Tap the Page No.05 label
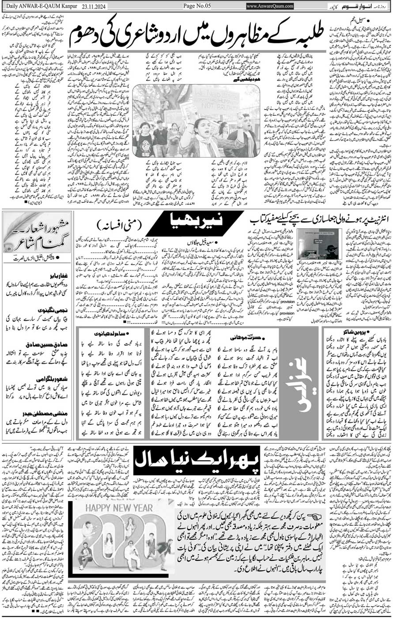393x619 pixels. click(x=199, y=6)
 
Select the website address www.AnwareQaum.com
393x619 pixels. click(x=270, y=6)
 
